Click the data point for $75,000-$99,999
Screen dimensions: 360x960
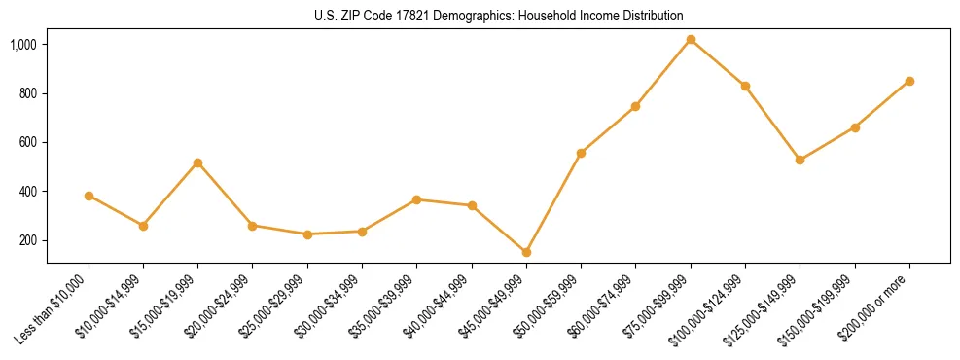691,40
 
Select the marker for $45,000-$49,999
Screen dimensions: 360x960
526,252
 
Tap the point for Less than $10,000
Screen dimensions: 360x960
89,196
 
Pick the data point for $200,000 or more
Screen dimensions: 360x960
909,81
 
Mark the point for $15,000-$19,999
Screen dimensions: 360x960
198,162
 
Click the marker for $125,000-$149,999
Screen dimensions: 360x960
800,160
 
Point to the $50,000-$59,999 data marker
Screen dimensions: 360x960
581,153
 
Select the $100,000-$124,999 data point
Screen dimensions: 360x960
745,86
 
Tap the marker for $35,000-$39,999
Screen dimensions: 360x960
416,199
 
